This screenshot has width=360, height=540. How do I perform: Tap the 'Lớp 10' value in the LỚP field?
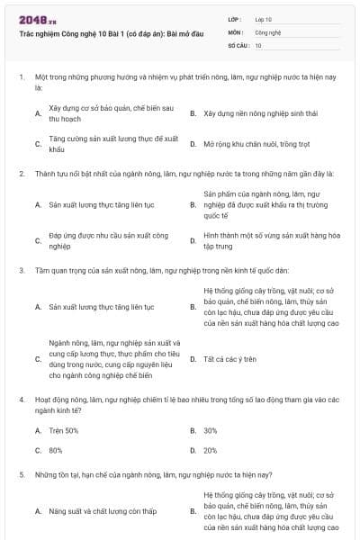(x=264, y=18)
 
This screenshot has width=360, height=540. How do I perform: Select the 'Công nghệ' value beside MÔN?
(x=268, y=31)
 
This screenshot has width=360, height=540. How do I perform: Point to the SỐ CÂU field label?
(x=238, y=44)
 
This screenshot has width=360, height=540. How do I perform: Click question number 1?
(x=22, y=78)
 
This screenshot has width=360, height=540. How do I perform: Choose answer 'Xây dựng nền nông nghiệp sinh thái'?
(x=254, y=113)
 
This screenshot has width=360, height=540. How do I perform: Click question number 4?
(x=22, y=397)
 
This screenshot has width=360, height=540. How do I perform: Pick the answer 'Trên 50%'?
(x=64, y=430)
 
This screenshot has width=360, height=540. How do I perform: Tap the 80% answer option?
(x=56, y=450)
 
